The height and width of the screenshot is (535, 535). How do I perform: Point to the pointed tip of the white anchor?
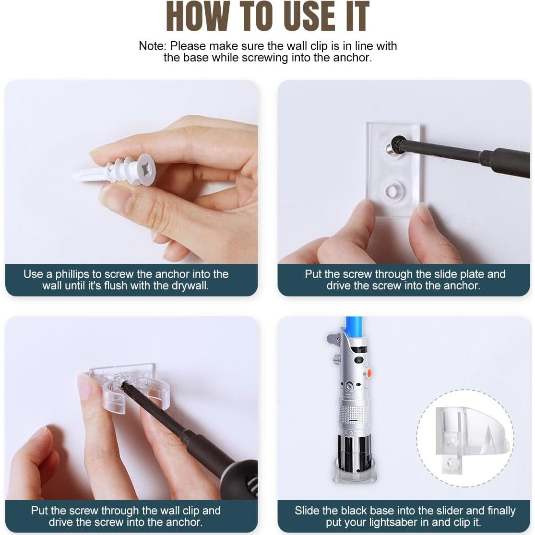(x=73, y=176)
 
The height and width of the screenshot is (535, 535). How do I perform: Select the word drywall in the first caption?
(x=190, y=285)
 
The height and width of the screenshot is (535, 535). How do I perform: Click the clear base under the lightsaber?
(x=354, y=473)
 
